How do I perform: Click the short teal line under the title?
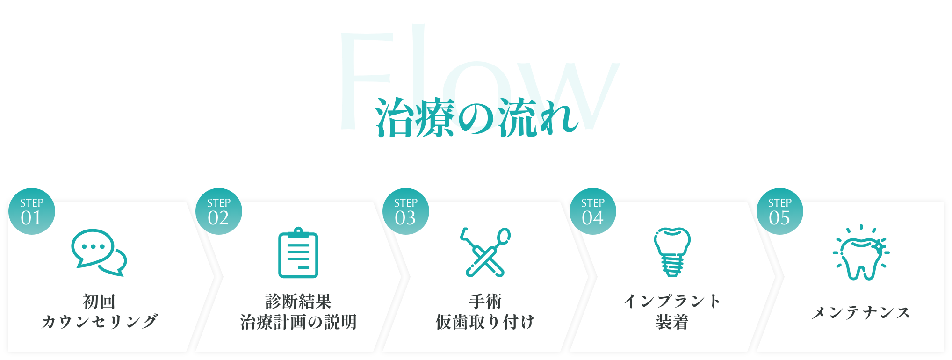click(x=476, y=158)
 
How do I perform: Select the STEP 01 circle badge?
click(x=32, y=211)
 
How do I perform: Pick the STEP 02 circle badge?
click(x=219, y=211)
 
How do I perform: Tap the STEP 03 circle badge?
click(x=405, y=211)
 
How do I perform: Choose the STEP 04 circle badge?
click(x=592, y=211)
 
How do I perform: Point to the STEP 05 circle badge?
click(x=779, y=211)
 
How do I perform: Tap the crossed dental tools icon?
click(x=485, y=252)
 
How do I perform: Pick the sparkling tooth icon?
click(x=861, y=253)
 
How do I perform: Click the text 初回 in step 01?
click(x=99, y=302)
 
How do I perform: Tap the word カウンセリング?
click(x=99, y=322)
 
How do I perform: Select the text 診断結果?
click(x=298, y=302)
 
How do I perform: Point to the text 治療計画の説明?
click(x=298, y=322)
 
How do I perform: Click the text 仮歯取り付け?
click(x=485, y=322)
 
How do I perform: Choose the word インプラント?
click(x=672, y=302)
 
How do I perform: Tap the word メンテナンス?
click(x=861, y=312)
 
